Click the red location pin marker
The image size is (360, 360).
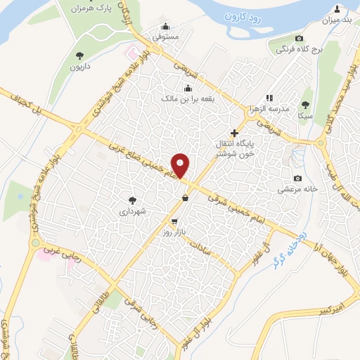coord(181,165)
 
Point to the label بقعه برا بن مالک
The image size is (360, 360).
coord(188,100)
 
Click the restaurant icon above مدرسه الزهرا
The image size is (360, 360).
coord(268,98)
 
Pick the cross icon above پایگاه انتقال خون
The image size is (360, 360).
coord(235,131)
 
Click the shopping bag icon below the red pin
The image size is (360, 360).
coord(185,198)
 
